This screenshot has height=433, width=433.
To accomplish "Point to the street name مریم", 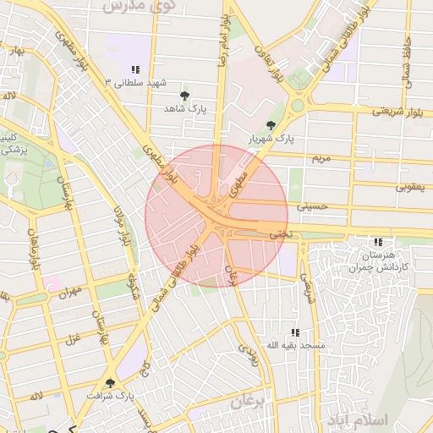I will point(320,158).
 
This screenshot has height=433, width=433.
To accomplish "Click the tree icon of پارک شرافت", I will point(110,383).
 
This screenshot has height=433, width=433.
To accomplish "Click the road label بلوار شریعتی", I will point(395,111).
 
